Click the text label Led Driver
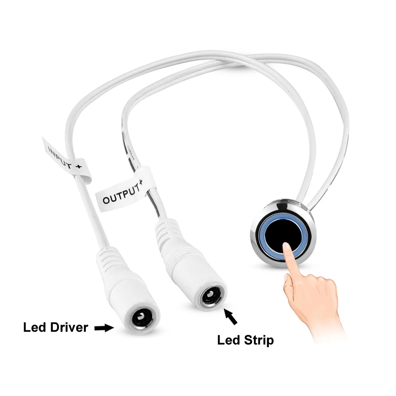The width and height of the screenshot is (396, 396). tap(55, 327)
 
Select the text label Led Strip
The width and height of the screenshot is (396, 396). tap(246, 340)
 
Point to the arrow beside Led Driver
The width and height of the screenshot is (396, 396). tap(104, 327)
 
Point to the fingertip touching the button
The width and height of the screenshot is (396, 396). tap(287, 247)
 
